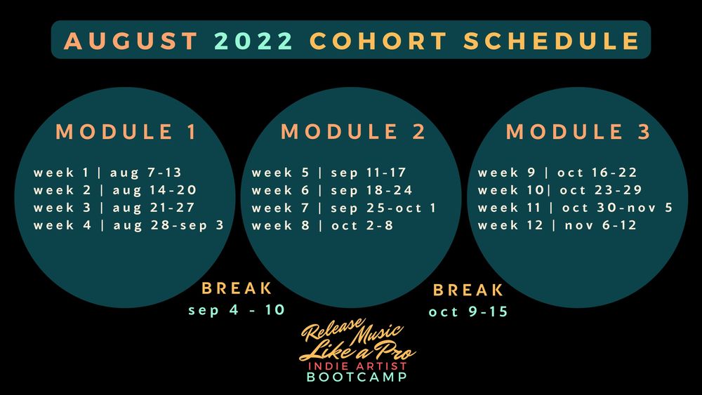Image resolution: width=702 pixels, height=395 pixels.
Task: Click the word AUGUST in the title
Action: coord(131,41)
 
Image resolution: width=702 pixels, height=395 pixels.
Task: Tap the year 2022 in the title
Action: coord(254,41)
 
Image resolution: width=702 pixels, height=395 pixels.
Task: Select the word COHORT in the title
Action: coord(378,41)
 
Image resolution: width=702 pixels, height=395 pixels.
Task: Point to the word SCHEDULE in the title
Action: coord(552,41)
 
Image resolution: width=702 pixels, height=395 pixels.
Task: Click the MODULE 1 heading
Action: coord(126,131)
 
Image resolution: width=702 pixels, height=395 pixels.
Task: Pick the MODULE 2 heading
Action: coord(353,131)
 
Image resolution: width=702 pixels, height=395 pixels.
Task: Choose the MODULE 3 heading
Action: coord(578,131)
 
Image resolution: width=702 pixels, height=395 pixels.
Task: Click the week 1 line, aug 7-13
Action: coord(107,172)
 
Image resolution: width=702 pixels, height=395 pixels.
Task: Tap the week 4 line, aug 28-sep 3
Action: coord(128,225)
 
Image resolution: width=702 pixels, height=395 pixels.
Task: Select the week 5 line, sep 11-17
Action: coord(329,172)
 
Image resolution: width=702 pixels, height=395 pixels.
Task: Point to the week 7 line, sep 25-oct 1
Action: coord(344,208)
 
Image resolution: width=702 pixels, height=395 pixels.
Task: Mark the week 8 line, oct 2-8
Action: coord(322,225)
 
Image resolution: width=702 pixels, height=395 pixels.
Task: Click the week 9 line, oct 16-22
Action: coord(557,172)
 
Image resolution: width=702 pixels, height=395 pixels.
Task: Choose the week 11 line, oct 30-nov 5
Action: coord(576,208)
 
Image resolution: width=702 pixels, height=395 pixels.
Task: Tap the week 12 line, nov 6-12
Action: coord(557,225)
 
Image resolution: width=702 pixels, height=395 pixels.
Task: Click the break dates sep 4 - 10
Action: coord(237,309)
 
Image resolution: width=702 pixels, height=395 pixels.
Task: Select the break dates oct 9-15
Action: coord(468,312)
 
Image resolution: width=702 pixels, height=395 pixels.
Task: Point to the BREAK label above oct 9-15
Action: coord(468,290)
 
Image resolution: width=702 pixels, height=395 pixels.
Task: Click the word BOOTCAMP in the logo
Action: coord(357,377)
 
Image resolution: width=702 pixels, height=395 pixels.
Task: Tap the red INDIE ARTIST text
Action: coord(357,366)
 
